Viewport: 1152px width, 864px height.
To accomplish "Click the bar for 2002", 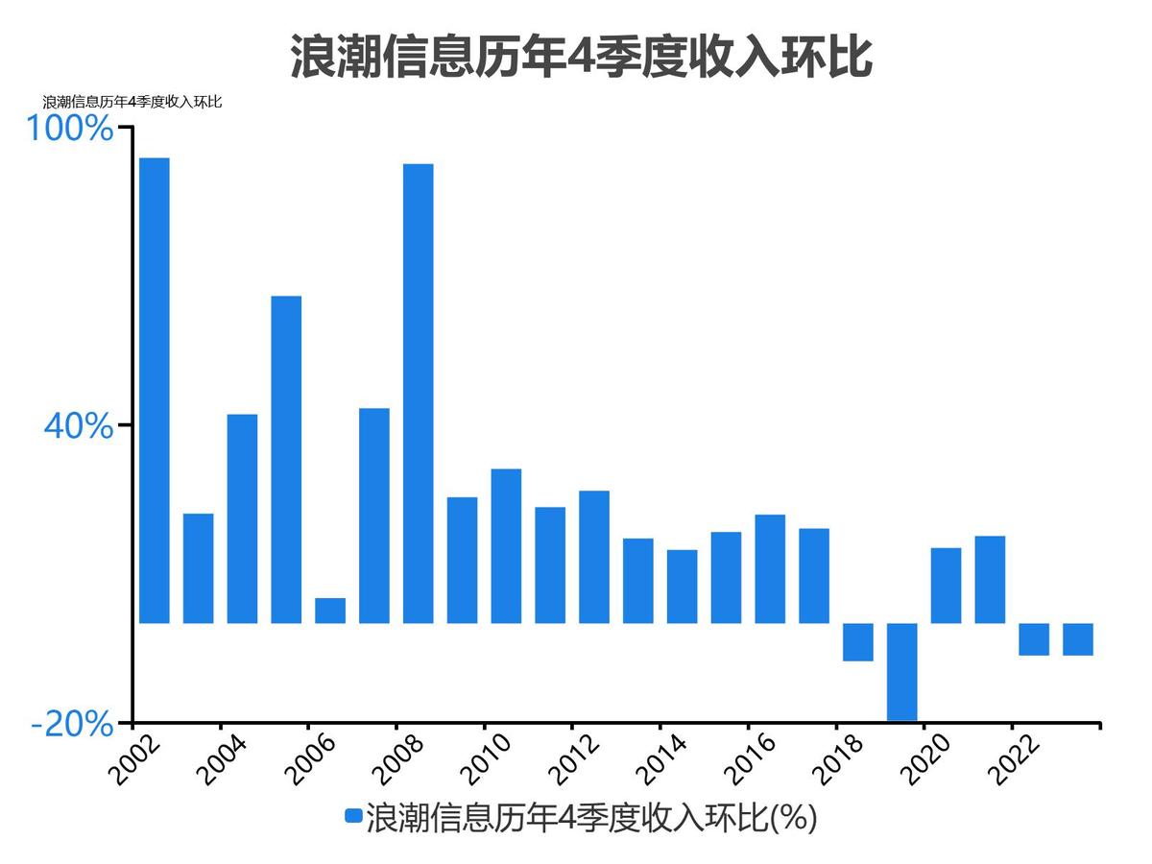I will click(x=155, y=390).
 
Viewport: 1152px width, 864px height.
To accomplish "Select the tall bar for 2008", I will click(x=418, y=394).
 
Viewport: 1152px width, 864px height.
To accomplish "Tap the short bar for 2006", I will click(x=330, y=611).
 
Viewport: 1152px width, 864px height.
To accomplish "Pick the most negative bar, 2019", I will click(x=901, y=671).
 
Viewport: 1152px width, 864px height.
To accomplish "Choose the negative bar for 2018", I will click(x=857, y=642).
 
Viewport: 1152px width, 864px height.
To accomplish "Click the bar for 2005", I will click(x=286, y=459).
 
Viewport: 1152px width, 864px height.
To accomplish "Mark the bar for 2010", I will click(x=506, y=545).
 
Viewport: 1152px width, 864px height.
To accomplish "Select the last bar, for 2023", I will click(x=1077, y=639).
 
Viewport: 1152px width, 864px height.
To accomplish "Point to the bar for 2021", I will click(x=990, y=579).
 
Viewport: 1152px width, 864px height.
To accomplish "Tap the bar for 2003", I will click(x=199, y=568).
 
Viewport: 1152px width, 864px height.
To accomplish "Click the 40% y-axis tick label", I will click(x=78, y=426).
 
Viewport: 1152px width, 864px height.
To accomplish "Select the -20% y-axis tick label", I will click(x=72, y=724).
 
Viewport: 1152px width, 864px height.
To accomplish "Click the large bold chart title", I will click(x=581, y=58).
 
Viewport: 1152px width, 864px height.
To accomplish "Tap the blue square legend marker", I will click(x=353, y=817).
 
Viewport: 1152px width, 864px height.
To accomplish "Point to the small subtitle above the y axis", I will click(x=132, y=102).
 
